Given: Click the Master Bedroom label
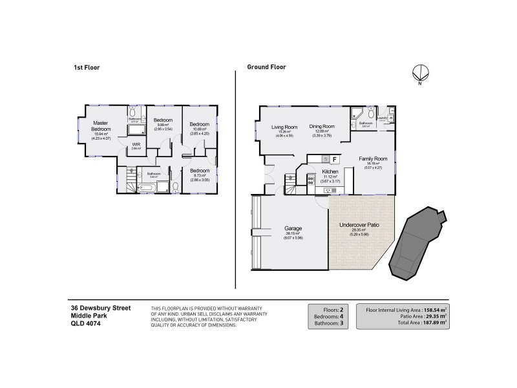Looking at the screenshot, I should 100,125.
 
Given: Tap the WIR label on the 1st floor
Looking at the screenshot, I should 136,145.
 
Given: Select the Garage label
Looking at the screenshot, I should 294,228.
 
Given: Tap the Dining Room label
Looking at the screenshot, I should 321,126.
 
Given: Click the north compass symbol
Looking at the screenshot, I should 419,74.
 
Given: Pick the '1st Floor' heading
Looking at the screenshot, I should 86,67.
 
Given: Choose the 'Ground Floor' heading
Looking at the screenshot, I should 266,67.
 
